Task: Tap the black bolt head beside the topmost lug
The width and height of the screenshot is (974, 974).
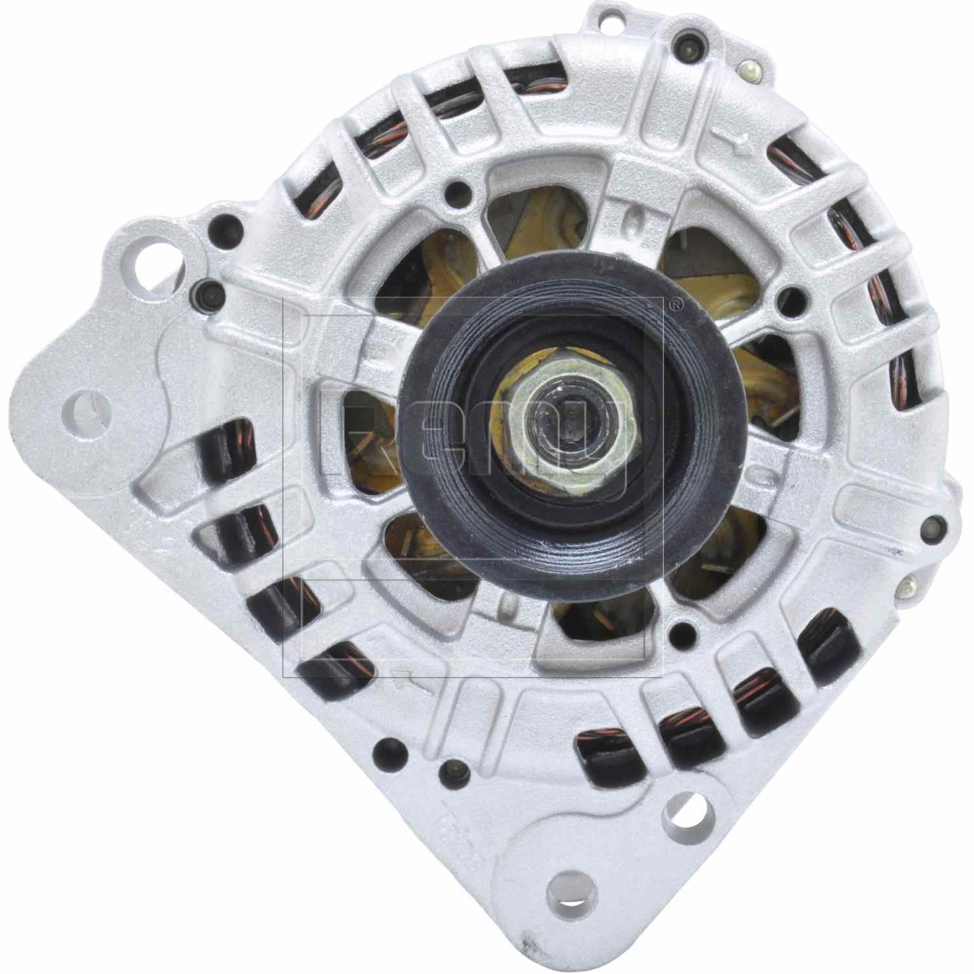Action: coord(686,44)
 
